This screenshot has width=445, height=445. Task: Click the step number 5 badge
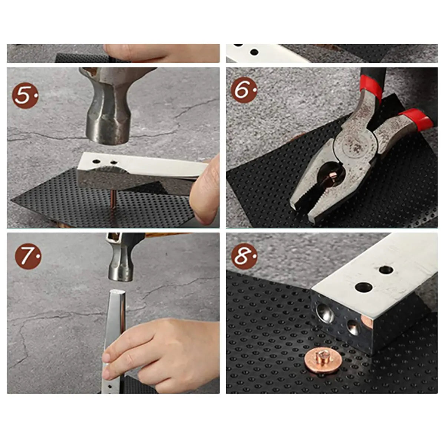(25, 95)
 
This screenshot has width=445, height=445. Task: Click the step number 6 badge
(244, 90)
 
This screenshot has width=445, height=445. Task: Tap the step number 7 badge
(28, 256)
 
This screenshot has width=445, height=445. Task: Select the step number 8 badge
(244, 256)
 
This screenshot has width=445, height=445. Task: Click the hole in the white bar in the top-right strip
(254, 52)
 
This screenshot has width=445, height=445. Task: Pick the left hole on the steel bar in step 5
(96, 161)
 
